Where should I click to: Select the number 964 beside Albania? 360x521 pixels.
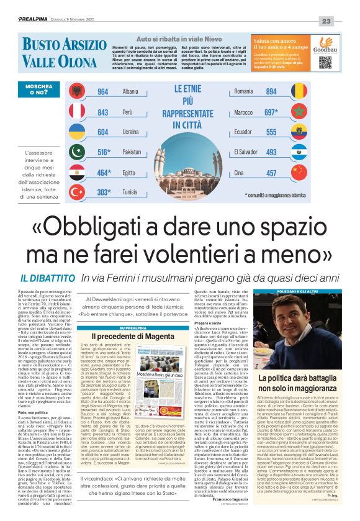coord(103,91)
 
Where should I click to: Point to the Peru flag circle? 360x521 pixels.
coord(78,112)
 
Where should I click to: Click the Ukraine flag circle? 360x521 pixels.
coord(78,132)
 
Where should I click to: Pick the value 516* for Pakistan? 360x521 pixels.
coord(103,152)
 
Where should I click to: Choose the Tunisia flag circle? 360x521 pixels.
coord(78,192)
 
